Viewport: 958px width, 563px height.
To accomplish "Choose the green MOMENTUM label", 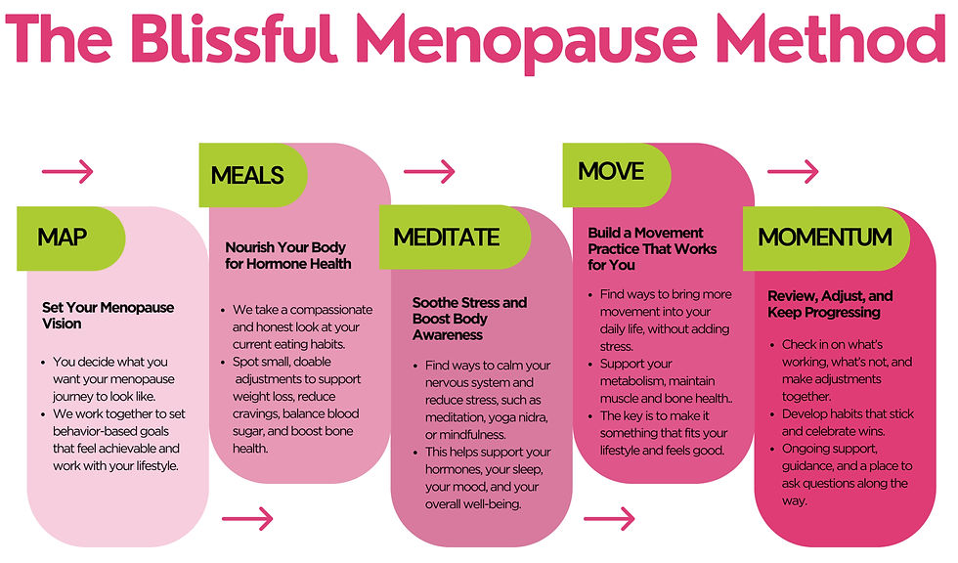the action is (825, 237).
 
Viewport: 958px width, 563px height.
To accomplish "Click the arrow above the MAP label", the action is (67, 173).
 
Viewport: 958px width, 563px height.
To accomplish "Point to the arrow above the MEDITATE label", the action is (429, 171).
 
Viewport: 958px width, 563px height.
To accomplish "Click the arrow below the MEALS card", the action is (248, 518).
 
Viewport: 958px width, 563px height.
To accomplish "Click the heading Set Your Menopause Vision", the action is (108, 315).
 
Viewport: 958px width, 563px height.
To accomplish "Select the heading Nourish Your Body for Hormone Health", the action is (286, 255).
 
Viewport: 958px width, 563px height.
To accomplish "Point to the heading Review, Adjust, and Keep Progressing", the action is (830, 304).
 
